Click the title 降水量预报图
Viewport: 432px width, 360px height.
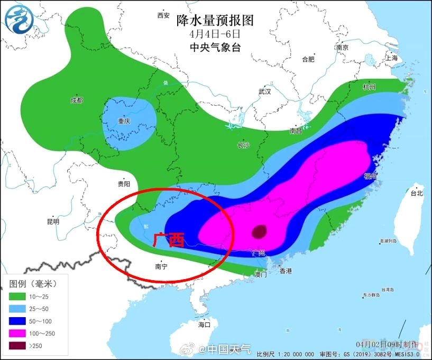[x=215, y=21]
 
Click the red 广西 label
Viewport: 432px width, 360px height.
[x=168, y=241]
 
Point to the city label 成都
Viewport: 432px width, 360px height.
[x=77, y=100]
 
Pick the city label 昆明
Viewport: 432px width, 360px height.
[x=53, y=221]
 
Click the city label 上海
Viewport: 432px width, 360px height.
[x=392, y=58]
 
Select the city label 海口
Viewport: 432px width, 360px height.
[x=204, y=324]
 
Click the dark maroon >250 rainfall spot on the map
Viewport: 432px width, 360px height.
[x=259, y=232]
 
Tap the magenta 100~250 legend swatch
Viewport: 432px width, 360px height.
[x=19, y=334]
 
